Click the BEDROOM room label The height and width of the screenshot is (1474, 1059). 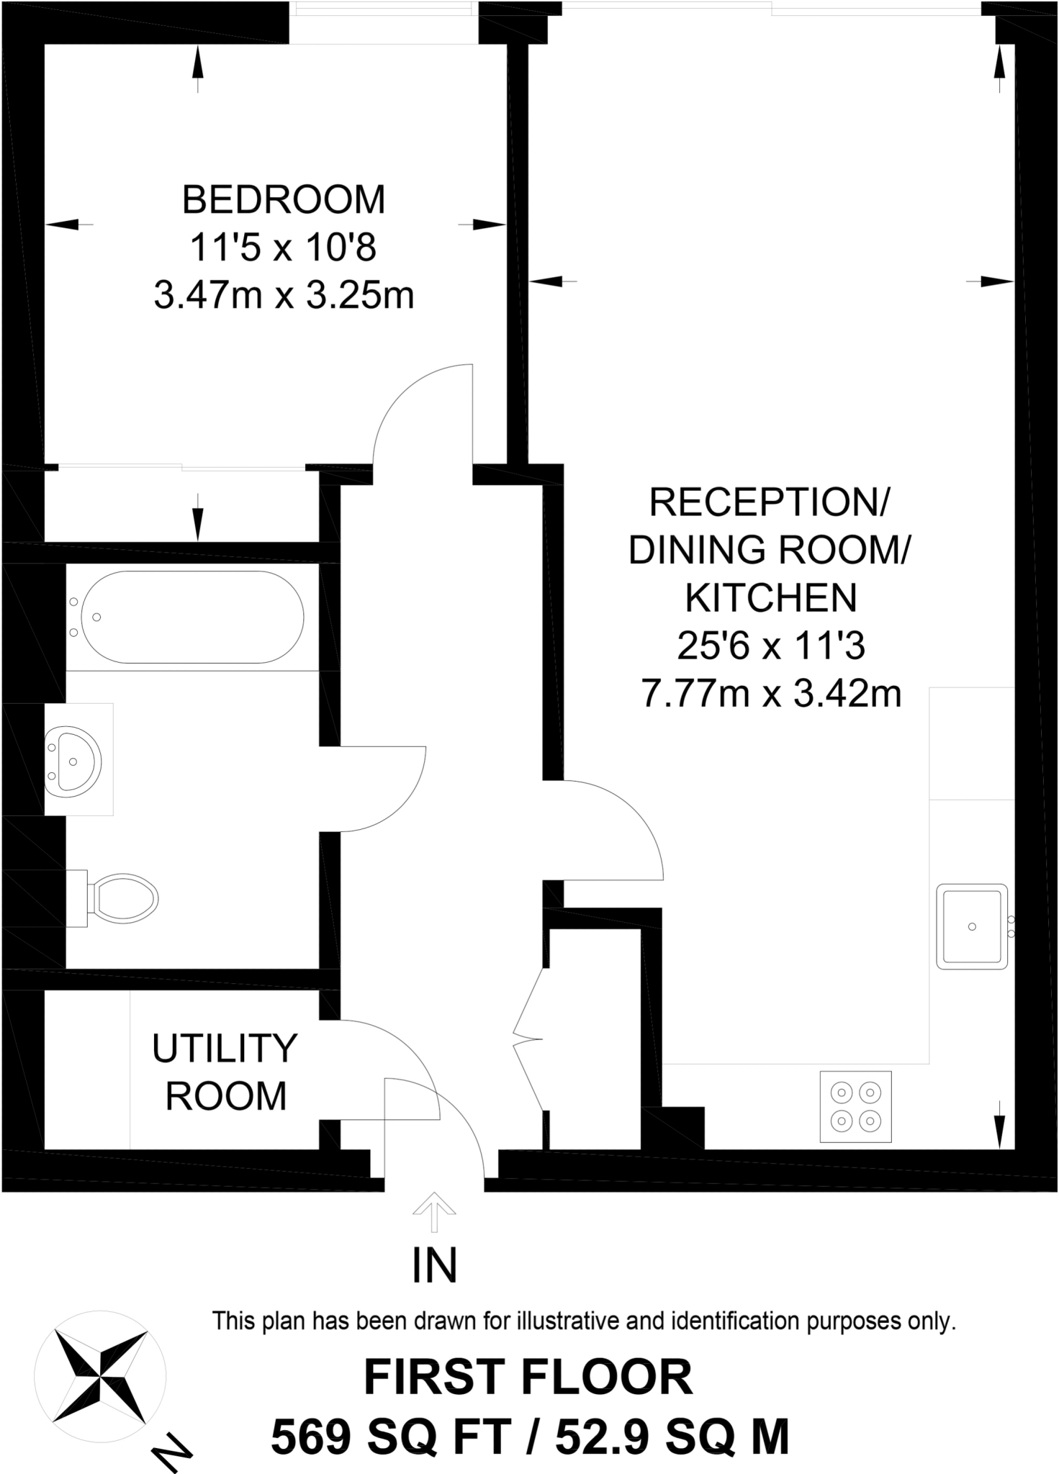(x=284, y=200)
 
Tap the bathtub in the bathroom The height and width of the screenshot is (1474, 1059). (x=192, y=617)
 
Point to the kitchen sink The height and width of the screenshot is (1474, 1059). (x=972, y=926)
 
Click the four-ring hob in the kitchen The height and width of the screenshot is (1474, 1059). (x=855, y=1106)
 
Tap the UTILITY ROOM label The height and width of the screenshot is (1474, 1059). (x=225, y=1072)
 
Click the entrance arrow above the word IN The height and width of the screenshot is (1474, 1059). (x=434, y=1213)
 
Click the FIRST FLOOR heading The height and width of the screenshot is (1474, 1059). (x=528, y=1378)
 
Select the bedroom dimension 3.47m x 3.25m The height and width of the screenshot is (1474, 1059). (x=284, y=296)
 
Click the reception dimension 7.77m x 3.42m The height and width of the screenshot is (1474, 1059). (x=771, y=695)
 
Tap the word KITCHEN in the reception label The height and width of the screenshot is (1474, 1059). (x=771, y=597)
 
